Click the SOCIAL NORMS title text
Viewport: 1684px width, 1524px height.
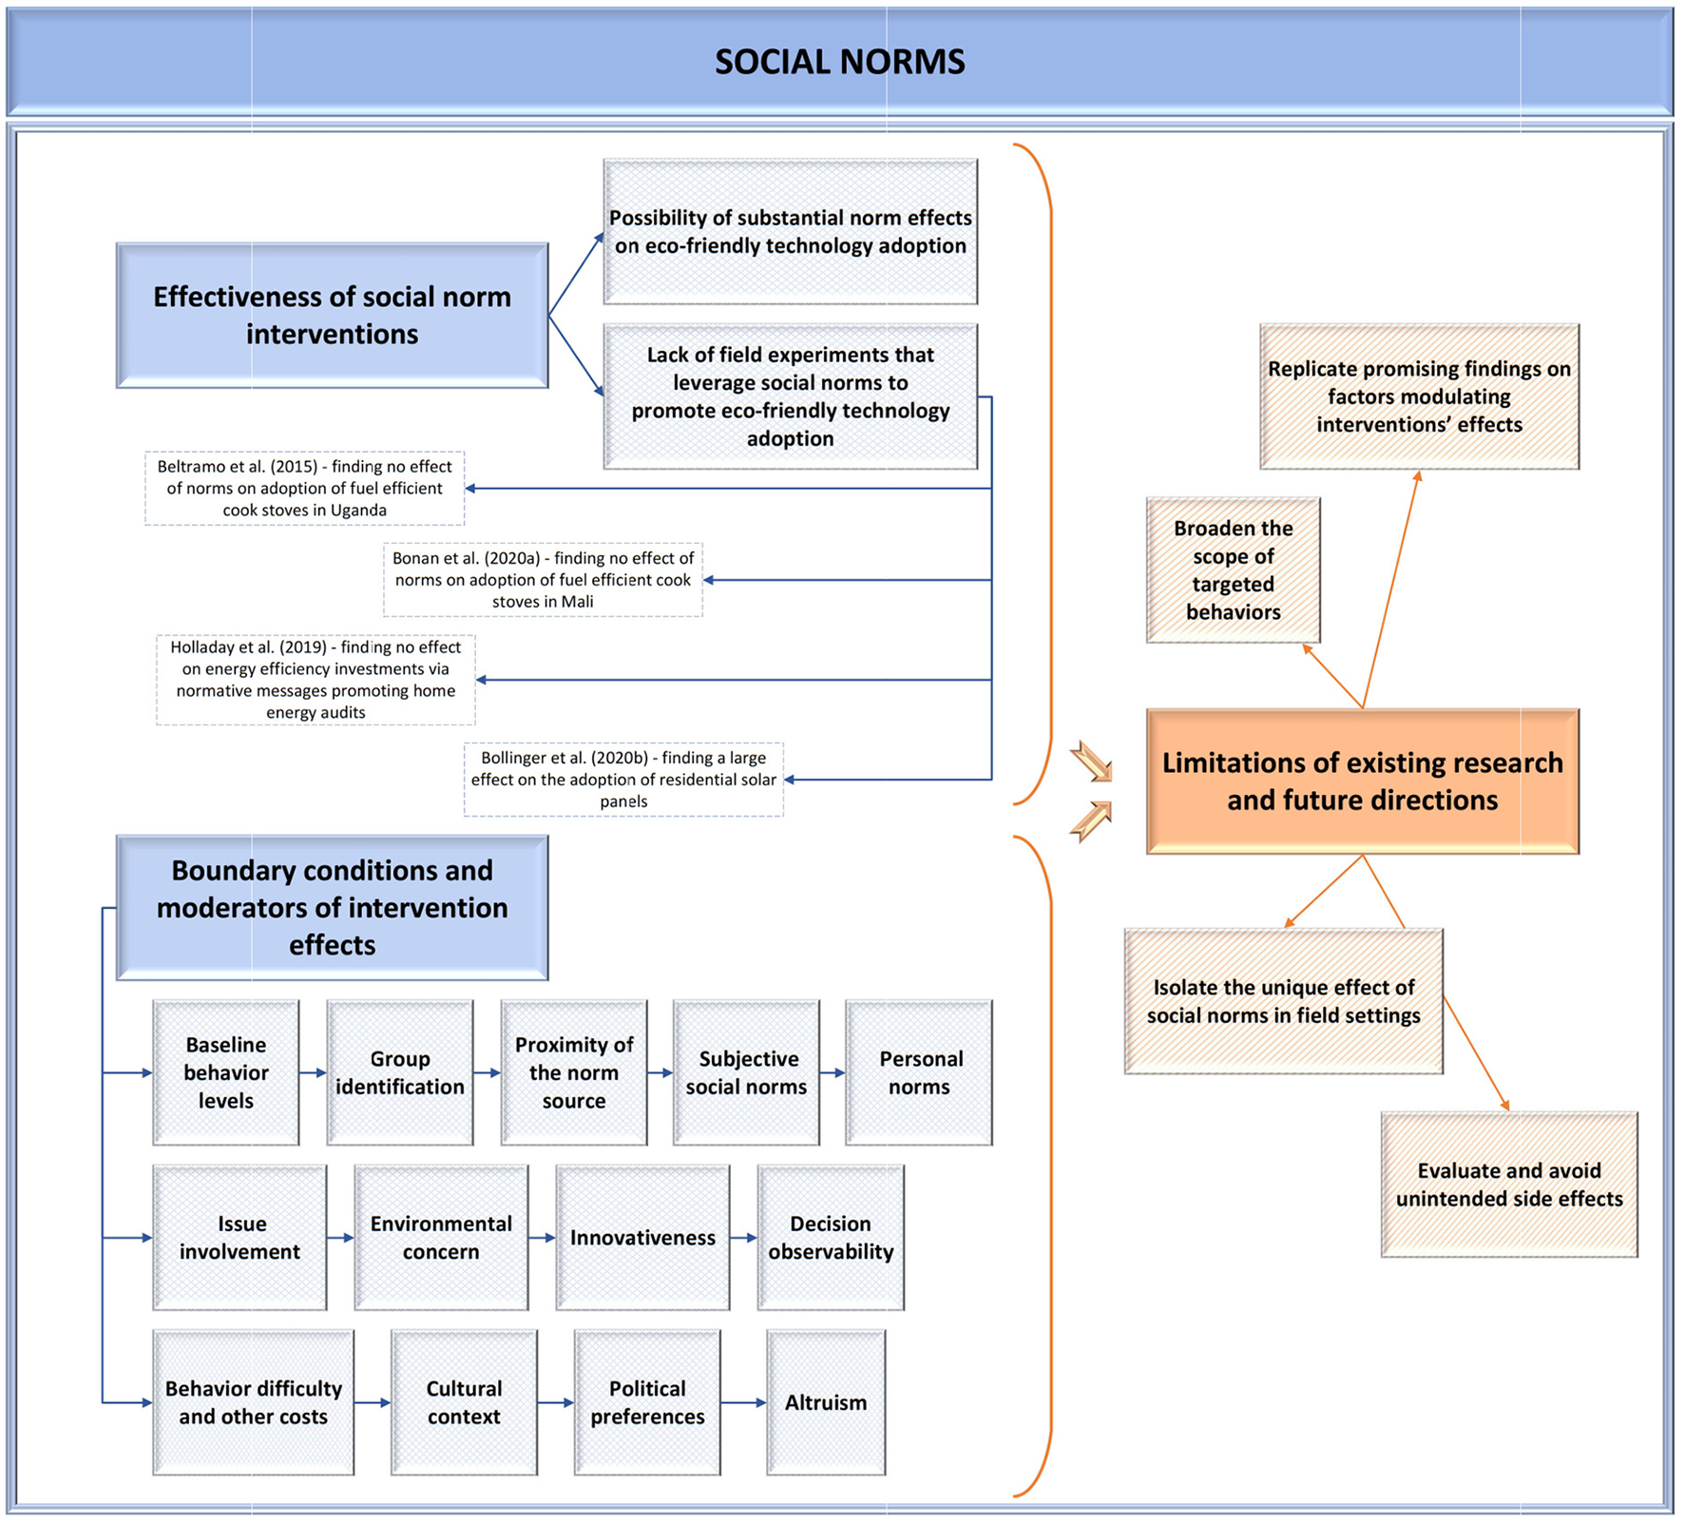[839, 62]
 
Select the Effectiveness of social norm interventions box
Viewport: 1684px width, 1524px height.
[333, 316]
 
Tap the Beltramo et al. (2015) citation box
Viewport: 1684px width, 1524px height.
[305, 488]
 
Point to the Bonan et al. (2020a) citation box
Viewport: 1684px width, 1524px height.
[543, 580]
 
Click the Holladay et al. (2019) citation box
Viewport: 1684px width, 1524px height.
[316, 680]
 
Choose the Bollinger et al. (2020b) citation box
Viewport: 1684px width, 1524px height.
[623, 780]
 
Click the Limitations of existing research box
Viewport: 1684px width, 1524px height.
[1363, 781]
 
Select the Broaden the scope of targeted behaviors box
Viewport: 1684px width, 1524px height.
[1234, 570]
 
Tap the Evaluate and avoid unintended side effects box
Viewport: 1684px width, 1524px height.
[1509, 1185]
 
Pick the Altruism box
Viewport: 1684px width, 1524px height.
[826, 1402]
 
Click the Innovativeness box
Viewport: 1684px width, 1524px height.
[642, 1238]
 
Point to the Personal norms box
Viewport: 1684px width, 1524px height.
[919, 1072]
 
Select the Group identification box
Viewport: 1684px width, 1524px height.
[400, 1072]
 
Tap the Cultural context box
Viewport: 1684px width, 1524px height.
[464, 1402]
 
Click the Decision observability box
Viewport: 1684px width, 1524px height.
[831, 1238]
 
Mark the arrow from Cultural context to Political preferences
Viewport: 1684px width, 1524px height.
[556, 1402]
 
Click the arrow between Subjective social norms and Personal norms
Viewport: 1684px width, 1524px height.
[832, 1072]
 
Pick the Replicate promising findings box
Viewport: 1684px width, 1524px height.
[1420, 396]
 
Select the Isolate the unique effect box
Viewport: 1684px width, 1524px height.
[1284, 1001]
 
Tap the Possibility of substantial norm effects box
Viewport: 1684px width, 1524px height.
[791, 232]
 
